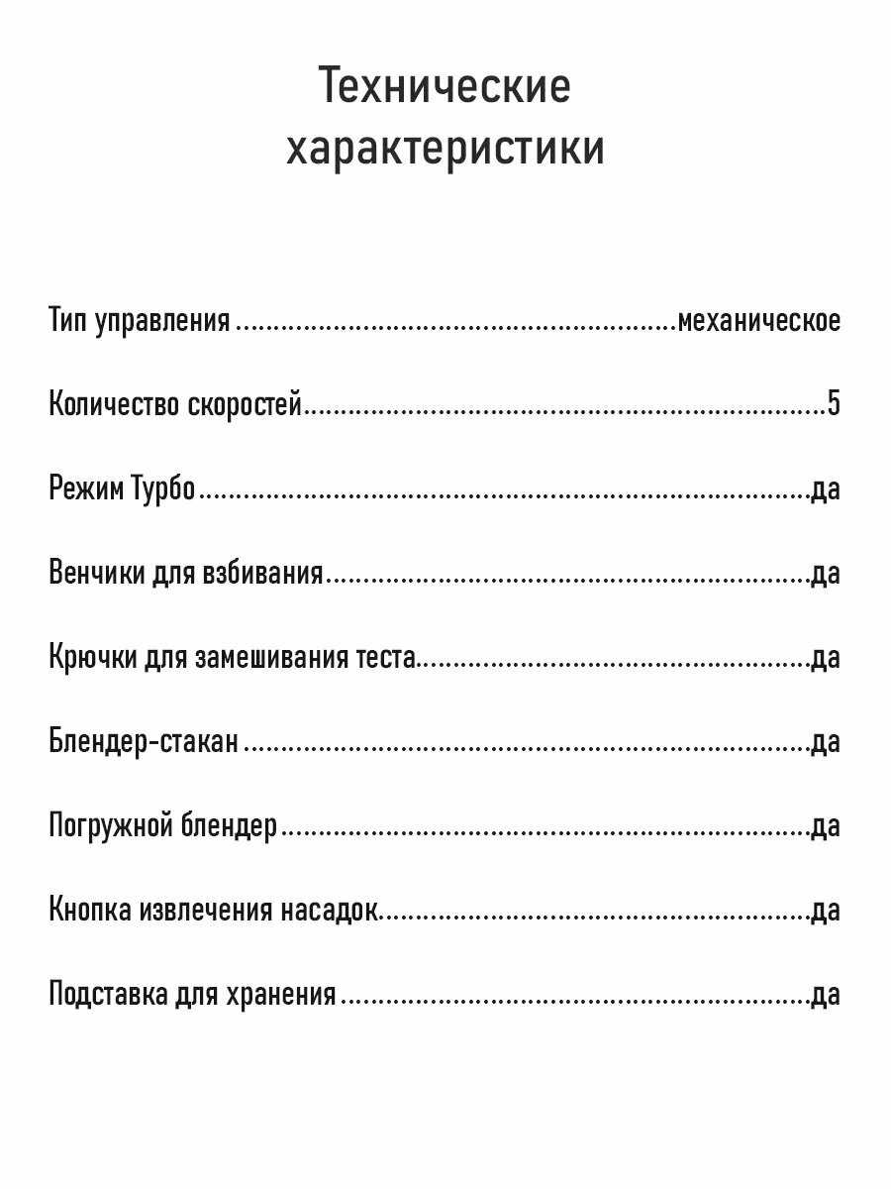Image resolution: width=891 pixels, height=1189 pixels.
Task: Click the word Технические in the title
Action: (x=445, y=87)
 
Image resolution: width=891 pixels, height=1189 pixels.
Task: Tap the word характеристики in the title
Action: (x=445, y=151)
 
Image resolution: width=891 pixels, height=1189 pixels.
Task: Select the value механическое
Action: (x=758, y=321)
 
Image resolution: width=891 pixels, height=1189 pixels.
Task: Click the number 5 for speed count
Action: (x=834, y=404)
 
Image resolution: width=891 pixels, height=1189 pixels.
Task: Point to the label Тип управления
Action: (x=140, y=321)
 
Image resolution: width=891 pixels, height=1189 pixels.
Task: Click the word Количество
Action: (x=114, y=404)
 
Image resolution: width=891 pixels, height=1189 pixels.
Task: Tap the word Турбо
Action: (x=163, y=488)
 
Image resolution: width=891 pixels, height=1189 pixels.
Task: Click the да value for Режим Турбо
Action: (x=825, y=488)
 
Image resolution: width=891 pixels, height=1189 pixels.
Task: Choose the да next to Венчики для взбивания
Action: (x=825, y=573)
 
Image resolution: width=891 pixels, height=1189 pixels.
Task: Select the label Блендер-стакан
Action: (x=144, y=741)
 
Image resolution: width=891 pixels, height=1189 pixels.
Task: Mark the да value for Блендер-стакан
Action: (x=825, y=741)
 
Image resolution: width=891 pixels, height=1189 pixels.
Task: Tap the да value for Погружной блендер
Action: (x=825, y=825)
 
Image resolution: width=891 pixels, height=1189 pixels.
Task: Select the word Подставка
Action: (x=108, y=994)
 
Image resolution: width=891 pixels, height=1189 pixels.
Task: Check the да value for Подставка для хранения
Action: (x=825, y=994)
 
